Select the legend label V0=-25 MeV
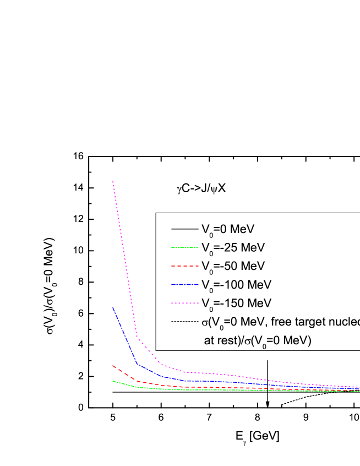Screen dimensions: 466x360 pos(233,247)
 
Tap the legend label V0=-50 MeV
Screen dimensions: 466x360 pos(233,266)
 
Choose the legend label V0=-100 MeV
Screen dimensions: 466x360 pos(236,285)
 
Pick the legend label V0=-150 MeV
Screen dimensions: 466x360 pos(236,304)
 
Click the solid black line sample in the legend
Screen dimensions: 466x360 pos(184,229)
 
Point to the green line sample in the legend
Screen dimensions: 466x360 pos(184,247)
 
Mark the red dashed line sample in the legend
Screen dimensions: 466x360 pos(184,266)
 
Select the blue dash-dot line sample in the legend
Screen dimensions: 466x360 pos(184,285)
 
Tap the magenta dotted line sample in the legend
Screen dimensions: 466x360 pos(184,304)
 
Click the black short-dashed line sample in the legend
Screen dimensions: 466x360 pos(184,322)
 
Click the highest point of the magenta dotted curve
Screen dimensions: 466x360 pos(113,181)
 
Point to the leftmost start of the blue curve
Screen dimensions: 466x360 pos(113,307)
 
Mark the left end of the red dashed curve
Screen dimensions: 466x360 pos(113,365)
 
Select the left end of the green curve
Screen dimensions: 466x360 pos(113,381)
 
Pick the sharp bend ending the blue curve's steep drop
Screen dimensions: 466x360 pos(137,363)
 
